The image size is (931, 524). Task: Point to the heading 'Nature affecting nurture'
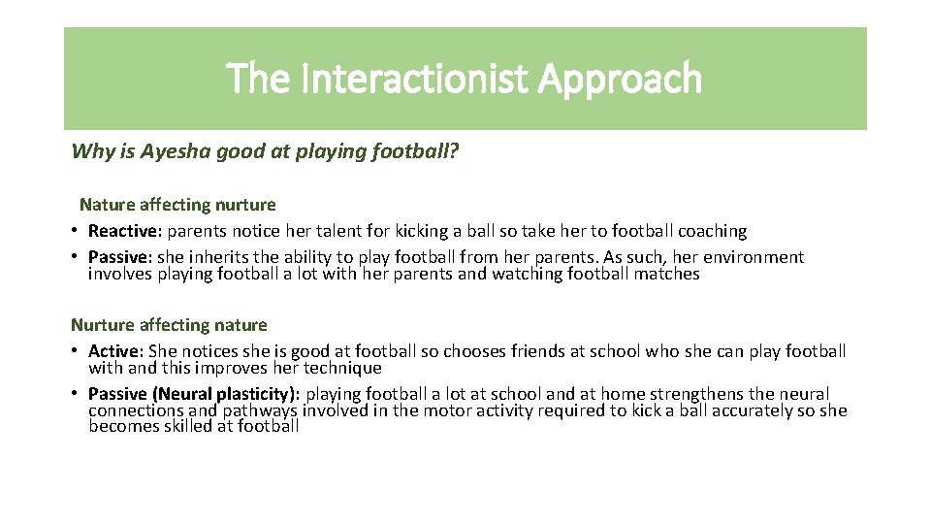click(177, 205)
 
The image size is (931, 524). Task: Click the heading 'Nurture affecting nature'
click(169, 325)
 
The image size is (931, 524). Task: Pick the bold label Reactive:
click(124, 231)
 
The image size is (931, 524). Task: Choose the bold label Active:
click(115, 351)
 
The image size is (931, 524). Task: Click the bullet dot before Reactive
click(75, 232)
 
